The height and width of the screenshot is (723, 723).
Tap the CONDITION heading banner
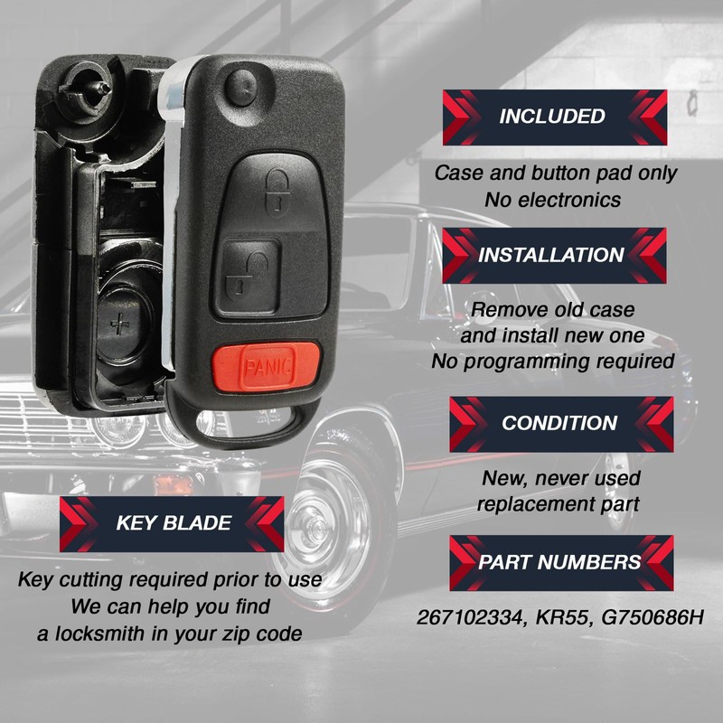coord(559,423)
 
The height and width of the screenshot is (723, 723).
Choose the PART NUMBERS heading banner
coord(560,562)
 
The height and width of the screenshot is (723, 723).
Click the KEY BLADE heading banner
coord(172,523)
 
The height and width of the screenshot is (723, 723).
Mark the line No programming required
coord(553,361)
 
